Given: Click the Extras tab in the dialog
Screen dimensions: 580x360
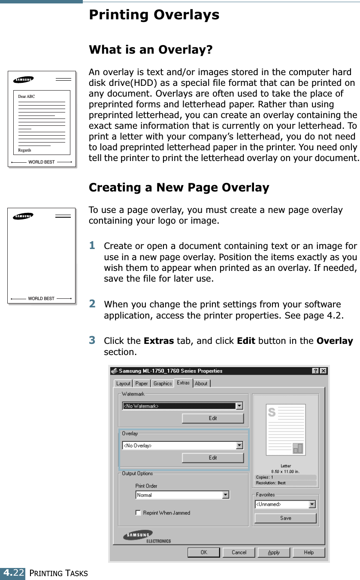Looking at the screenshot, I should click(183, 383).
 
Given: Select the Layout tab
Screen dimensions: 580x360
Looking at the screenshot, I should click(123, 383).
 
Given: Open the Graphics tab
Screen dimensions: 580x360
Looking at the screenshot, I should click(163, 383).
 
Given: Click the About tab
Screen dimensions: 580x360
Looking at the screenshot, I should click(201, 383).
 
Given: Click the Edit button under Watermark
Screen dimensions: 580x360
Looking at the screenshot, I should click(213, 418).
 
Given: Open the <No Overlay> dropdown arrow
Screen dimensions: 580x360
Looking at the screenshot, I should click(239, 446).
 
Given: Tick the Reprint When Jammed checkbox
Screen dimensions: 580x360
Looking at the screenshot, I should click(138, 513).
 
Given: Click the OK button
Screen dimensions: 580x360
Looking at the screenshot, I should click(204, 552).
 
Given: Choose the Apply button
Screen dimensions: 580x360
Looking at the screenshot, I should click(274, 552).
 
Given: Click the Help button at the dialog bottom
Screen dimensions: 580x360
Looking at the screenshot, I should click(309, 552).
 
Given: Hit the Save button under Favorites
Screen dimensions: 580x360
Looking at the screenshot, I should click(285, 518).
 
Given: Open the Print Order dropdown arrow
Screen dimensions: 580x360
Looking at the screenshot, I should click(226, 495).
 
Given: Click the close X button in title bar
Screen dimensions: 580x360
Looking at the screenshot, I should click(323, 371).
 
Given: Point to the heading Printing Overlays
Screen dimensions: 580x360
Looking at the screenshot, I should click(154, 15).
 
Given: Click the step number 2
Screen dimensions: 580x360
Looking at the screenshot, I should click(92, 304).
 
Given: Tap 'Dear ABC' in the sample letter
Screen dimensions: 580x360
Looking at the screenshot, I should click(27, 97).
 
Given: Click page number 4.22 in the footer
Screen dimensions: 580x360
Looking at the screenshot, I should click(13, 573).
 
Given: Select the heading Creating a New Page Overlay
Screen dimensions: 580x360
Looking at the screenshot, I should click(179, 188).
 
